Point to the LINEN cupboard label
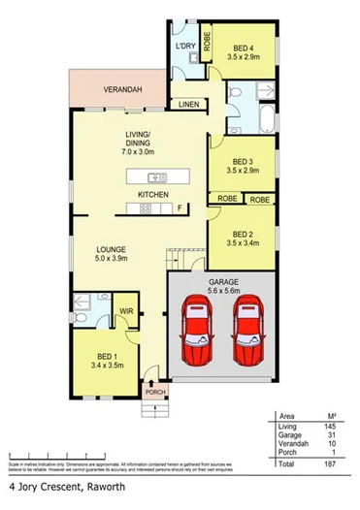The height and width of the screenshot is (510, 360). click(189, 104)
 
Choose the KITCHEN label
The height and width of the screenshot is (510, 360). click(153, 196)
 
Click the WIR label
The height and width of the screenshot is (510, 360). click(125, 311)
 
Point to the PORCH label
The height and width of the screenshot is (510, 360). click(153, 393)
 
